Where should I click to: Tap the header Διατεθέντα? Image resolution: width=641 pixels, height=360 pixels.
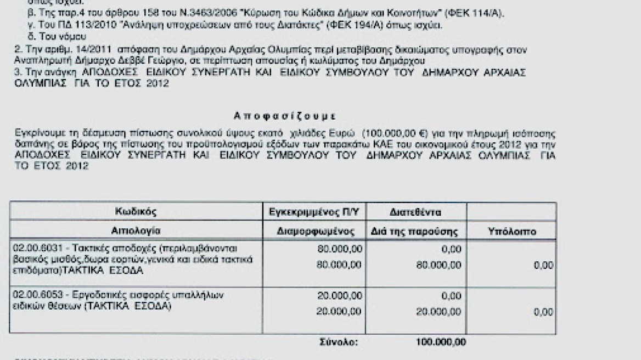click(x=415, y=212)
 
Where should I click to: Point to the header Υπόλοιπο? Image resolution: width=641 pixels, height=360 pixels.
click(x=512, y=232)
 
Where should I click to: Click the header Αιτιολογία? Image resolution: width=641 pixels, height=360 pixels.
click(x=136, y=231)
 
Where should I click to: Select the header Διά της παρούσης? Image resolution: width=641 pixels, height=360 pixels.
click(x=415, y=232)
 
